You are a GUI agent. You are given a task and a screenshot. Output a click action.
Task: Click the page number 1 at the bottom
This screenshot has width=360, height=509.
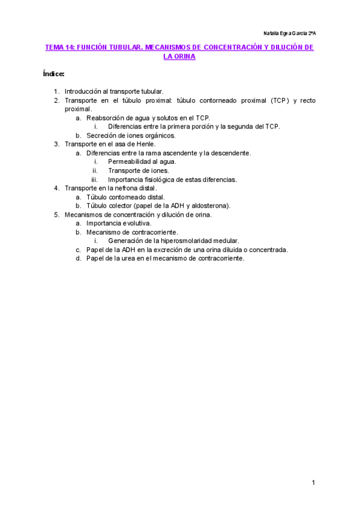click(313, 483)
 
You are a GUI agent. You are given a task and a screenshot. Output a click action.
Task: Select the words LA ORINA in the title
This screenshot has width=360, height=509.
click(179, 56)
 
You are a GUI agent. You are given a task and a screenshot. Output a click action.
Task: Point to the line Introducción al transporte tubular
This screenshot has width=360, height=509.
click(114, 91)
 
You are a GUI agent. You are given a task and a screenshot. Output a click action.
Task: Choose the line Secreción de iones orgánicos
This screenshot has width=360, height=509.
click(131, 135)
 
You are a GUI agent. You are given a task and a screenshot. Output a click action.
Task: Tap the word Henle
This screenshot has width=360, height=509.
click(145, 144)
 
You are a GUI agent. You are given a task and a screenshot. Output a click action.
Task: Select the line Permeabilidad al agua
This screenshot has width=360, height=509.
click(142, 161)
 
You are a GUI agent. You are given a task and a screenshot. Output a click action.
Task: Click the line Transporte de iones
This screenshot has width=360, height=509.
click(138, 170)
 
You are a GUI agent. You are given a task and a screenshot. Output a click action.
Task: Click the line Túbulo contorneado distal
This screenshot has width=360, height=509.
click(125, 197)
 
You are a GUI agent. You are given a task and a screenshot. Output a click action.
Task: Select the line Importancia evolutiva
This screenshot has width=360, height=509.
click(119, 223)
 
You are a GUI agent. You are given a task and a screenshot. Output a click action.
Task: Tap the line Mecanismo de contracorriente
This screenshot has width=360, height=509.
click(132, 232)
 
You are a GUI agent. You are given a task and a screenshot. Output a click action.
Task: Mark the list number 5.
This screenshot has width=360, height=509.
click(56, 214)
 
